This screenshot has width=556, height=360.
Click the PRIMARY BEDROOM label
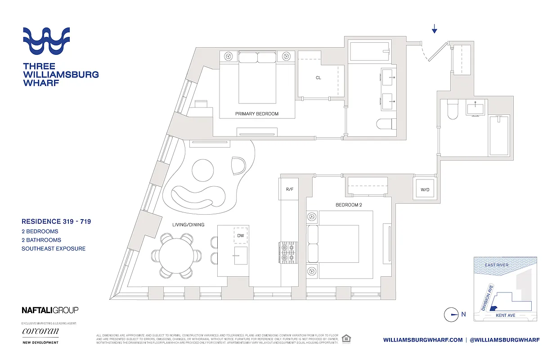(256, 114)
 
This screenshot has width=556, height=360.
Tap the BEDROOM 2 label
(349, 205)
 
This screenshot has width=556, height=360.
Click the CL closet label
(318, 78)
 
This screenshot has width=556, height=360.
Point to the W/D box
(425, 189)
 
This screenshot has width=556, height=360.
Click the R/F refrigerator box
(289, 189)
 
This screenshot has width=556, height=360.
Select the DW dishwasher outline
(240, 235)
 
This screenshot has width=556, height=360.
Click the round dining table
(176, 254)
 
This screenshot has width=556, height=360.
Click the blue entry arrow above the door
(435, 30)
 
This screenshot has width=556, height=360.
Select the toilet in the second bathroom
(452, 110)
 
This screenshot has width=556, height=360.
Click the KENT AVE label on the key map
(505, 315)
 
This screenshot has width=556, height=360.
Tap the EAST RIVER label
(497, 265)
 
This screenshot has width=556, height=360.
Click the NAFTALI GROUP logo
(50, 310)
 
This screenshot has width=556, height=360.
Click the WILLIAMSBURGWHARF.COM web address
(423, 340)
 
